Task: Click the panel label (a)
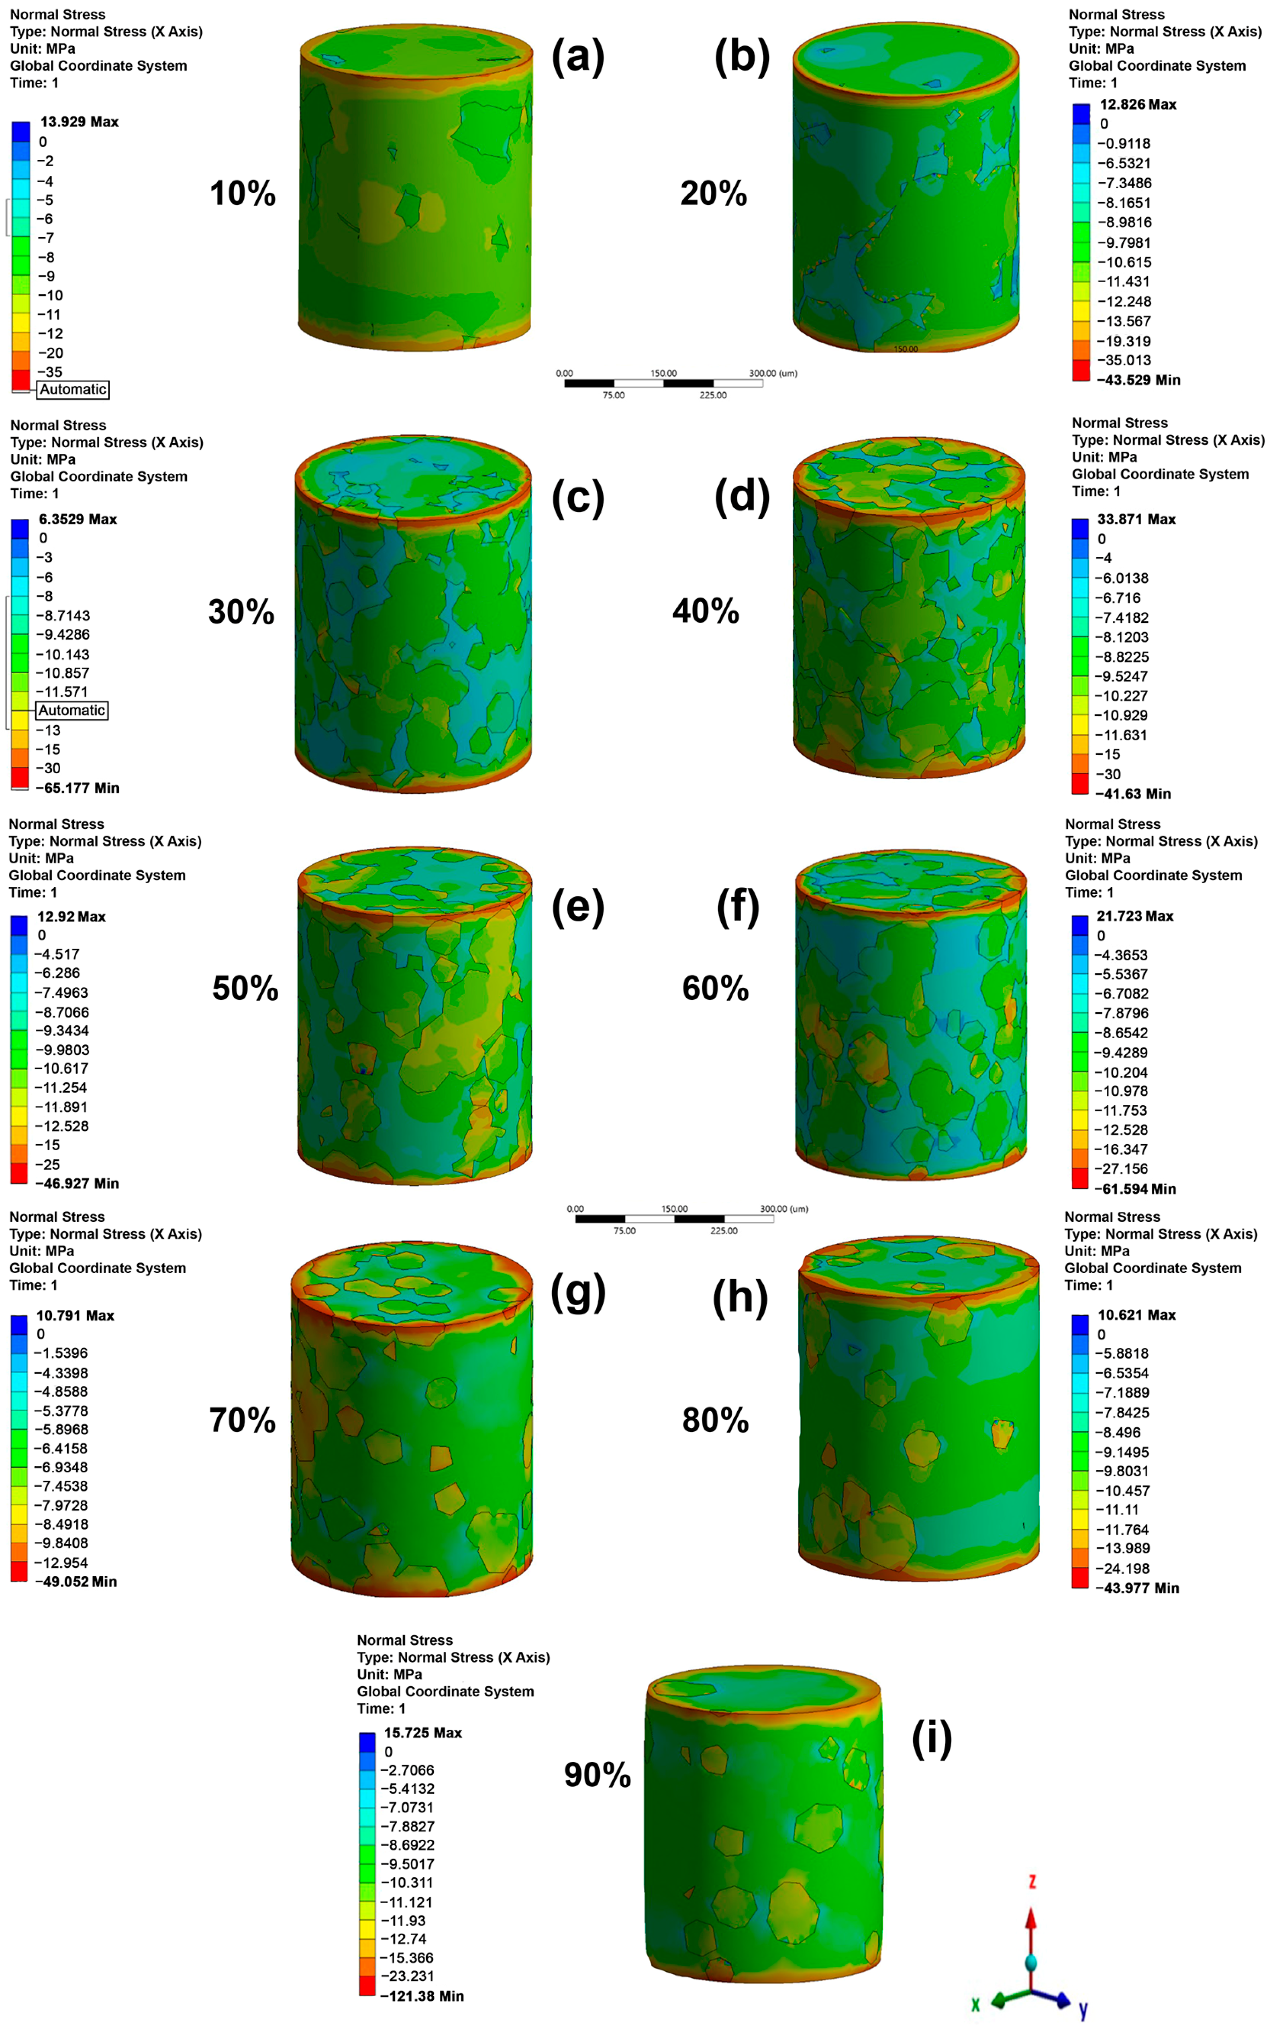point(577,58)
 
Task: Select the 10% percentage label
point(243,194)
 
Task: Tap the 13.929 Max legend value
point(80,122)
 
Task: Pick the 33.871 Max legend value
point(1136,520)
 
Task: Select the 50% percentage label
point(245,989)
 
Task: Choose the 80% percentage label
point(715,1421)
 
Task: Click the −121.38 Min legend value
point(422,1996)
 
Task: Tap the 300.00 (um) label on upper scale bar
point(772,373)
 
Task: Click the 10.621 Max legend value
point(1136,1315)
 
